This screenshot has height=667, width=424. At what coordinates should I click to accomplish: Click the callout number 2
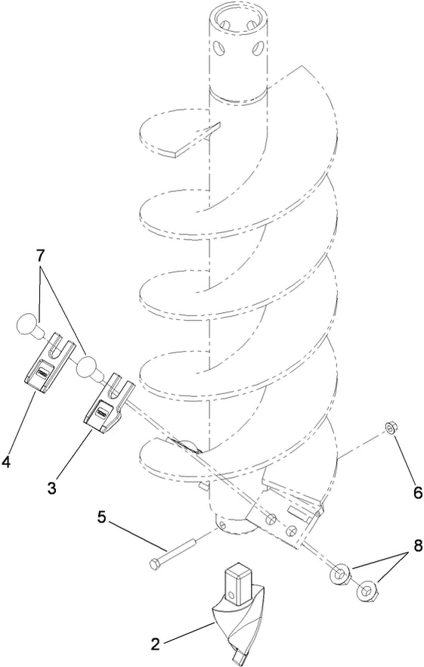pos(156,645)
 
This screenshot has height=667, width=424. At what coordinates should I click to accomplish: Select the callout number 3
pos(51,488)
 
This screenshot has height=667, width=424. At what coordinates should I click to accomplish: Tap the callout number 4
pos(8,458)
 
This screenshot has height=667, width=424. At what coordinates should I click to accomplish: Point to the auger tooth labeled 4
pos(47,368)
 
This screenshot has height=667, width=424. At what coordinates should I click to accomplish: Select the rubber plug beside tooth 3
pos(91,369)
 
